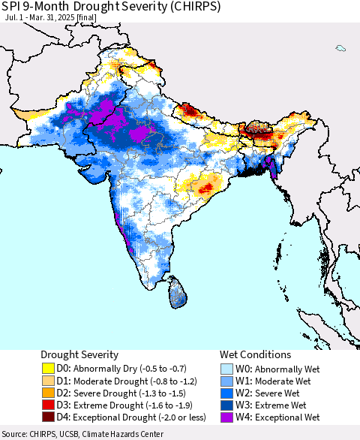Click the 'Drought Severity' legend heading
point(79,354)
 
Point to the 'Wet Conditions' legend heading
point(255,354)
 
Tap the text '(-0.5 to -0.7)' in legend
point(149,369)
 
